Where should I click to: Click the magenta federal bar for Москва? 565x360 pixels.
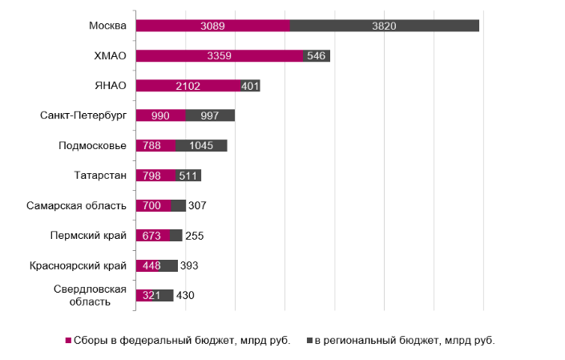click(212, 26)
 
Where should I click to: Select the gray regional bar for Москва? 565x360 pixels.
click(385, 26)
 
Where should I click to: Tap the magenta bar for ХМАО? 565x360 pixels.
click(220, 56)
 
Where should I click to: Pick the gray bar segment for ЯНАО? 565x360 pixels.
click(249, 86)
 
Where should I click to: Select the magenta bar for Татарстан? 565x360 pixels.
click(155, 176)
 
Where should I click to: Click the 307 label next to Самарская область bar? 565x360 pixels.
click(198, 205)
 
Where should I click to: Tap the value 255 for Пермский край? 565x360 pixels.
click(194, 236)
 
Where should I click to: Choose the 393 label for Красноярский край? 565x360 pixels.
click(188, 265)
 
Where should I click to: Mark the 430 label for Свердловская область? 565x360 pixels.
click(184, 296)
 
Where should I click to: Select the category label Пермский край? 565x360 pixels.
click(93, 236)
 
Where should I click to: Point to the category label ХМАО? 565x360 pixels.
click(110, 56)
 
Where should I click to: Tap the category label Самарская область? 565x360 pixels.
click(78, 205)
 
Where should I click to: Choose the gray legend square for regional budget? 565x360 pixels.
click(309, 340)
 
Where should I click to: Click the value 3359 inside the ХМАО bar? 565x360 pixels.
click(220, 56)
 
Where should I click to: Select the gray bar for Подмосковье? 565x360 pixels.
click(201, 145)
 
